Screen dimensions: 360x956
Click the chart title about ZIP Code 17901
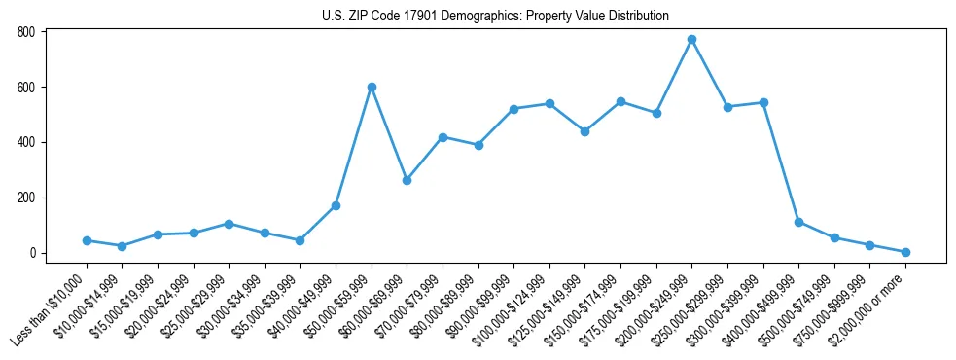[x=495, y=16]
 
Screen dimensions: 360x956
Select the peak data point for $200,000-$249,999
[x=691, y=40]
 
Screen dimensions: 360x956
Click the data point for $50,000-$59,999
[x=372, y=87]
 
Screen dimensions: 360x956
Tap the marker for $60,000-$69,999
[x=407, y=180]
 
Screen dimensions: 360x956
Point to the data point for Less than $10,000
[x=87, y=240]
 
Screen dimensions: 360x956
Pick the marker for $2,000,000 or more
[x=905, y=252]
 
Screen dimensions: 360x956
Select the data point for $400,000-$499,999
[x=798, y=222]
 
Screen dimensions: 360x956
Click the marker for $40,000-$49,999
[x=336, y=205]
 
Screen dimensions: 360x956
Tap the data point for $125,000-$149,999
[x=584, y=131]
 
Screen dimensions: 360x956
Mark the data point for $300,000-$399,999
[x=763, y=102]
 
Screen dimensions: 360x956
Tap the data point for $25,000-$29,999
[x=229, y=224]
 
